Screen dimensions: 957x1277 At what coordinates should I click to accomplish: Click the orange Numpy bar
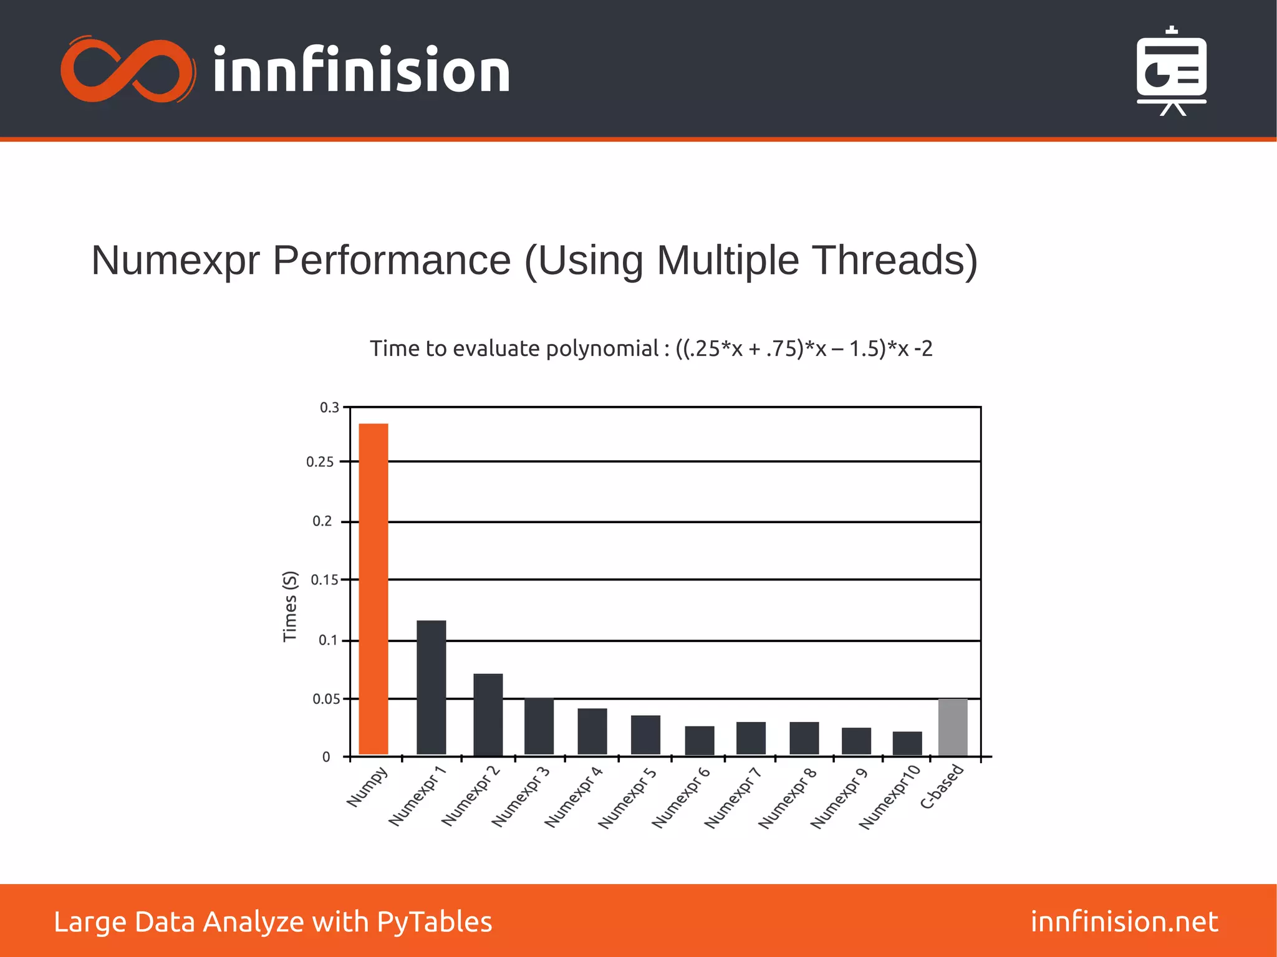tap(373, 589)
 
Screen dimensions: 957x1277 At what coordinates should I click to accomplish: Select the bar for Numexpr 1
tap(431, 687)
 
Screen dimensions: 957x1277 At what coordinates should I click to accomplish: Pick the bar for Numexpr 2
tap(488, 714)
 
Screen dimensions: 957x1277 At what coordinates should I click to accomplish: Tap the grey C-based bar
tap(953, 727)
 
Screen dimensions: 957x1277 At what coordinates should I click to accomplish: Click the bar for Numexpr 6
tap(700, 741)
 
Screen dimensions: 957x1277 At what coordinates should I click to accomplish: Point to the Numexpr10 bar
tap(907, 743)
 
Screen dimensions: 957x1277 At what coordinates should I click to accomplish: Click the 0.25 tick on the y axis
tap(320, 462)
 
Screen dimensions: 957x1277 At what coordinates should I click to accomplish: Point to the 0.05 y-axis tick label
tap(326, 700)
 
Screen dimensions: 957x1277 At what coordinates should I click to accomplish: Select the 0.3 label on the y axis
tap(329, 408)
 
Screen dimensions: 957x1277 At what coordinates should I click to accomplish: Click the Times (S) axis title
tap(290, 606)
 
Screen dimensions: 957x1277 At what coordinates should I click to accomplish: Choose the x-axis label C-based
tap(942, 787)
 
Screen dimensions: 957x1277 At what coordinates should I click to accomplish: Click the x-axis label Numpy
tap(367, 787)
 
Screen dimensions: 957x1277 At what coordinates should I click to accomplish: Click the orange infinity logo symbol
tap(128, 70)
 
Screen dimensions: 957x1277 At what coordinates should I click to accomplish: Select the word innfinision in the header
tap(362, 70)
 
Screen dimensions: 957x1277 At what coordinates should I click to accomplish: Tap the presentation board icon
tap(1171, 71)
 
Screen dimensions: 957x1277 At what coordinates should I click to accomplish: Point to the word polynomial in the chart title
tap(602, 349)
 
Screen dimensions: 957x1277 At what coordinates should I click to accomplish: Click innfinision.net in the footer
tap(1124, 921)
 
